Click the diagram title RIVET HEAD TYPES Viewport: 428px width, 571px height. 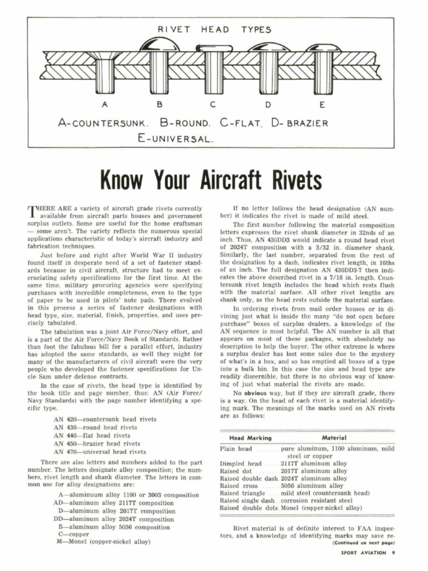214,30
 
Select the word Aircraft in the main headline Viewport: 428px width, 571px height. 215,180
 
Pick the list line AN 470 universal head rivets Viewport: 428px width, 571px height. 100,452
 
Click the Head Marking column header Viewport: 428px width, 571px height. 251,438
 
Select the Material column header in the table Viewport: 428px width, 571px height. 334,438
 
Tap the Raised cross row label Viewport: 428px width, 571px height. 239,486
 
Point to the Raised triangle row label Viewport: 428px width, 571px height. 242,493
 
